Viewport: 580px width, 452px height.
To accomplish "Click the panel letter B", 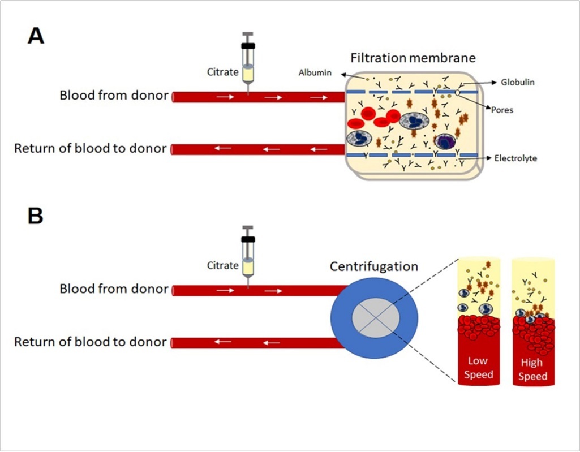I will click(x=36, y=217).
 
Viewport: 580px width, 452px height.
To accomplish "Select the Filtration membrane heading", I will click(x=413, y=58).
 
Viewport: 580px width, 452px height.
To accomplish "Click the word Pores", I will click(x=501, y=110).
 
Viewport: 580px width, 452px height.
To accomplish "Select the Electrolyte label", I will click(x=515, y=158).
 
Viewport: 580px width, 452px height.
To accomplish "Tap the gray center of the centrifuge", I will click(x=374, y=318).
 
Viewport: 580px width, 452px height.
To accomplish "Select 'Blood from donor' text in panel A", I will click(x=114, y=96).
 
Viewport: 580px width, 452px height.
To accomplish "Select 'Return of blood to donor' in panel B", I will click(x=91, y=342).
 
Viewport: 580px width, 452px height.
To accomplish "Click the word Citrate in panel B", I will click(x=222, y=265).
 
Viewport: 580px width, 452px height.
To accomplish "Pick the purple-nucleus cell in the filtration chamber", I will click(x=445, y=141).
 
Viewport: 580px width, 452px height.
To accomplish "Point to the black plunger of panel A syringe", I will click(x=248, y=46).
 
